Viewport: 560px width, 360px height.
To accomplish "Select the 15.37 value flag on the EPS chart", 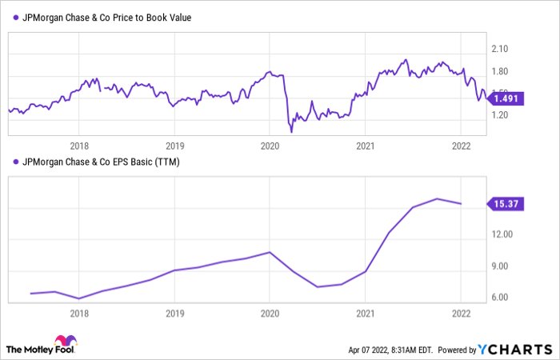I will pyautogui.click(x=506, y=204).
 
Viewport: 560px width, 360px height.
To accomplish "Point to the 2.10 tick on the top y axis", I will pyautogui.click(x=502, y=49).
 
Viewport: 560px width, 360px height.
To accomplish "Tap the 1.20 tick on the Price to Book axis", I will pyautogui.click(x=502, y=115).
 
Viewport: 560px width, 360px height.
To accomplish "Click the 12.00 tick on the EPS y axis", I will pyautogui.click(x=503, y=234).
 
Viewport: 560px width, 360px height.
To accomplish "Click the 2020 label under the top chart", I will pyautogui.click(x=270, y=146).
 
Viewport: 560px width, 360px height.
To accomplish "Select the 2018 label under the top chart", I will pyautogui.click(x=79, y=146).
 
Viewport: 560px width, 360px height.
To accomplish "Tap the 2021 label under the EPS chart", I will pyautogui.click(x=365, y=314).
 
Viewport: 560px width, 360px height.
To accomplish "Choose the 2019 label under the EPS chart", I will pyautogui.click(x=174, y=314).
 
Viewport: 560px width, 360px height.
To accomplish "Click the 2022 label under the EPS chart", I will pyautogui.click(x=460, y=314).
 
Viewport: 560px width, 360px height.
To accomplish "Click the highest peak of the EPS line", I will pyautogui.click(x=437, y=198).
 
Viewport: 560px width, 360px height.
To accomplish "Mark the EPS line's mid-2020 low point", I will pyautogui.click(x=318, y=286).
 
